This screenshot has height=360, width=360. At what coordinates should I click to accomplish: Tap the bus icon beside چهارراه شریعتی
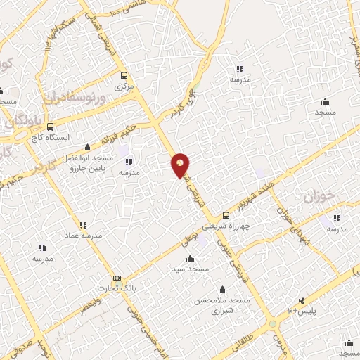click(226, 215)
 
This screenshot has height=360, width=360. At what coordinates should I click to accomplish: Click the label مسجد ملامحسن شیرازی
click(224, 304)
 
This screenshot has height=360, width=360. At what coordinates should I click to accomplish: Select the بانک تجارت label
click(115, 289)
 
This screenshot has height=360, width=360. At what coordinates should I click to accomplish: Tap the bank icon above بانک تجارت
click(116, 278)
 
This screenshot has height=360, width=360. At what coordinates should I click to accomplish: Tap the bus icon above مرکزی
click(124, 76)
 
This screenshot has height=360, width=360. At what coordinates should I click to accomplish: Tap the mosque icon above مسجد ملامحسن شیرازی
click(223, 289)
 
